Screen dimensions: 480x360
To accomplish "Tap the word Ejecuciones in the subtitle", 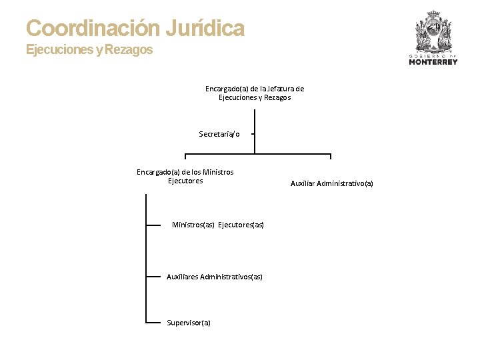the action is tap(59, 50).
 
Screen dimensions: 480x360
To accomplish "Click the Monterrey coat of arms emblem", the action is tap(433, 31).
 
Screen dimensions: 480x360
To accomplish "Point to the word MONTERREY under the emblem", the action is tap(433, 63).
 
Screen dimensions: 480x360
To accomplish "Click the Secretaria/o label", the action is tap(219, 134).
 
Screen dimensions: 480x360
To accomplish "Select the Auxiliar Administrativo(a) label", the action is tap(332, 183).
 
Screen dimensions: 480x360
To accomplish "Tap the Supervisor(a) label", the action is tap(189, 323).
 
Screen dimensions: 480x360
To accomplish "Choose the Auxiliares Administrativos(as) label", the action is tap(215, 277).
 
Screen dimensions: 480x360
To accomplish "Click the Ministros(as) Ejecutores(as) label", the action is tap(218, 225).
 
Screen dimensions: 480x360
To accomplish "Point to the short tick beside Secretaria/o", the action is tap(253, 134).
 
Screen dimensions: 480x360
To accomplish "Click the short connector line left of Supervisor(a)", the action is tap(153, 323).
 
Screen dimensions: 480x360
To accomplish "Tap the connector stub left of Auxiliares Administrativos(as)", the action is tap(153, 276).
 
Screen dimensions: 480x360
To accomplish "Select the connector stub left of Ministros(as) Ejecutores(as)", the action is tap(153, 225).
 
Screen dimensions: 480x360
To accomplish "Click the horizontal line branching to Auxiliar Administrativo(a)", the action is tap(293, 155).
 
